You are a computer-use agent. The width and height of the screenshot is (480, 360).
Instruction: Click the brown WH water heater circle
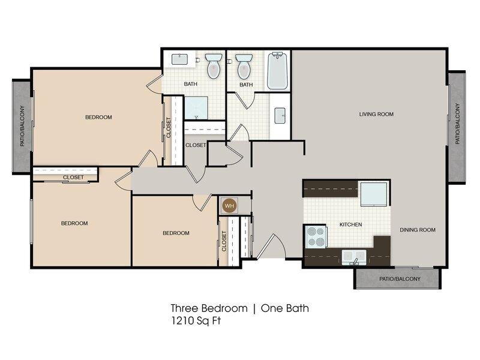(230, 206)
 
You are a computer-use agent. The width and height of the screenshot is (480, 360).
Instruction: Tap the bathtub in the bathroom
(277, 71)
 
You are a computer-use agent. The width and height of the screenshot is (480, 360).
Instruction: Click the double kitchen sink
(354, 257)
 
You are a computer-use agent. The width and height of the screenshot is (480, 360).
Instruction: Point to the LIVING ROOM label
(376, 114)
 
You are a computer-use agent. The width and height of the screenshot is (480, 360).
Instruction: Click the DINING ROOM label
(418, 230)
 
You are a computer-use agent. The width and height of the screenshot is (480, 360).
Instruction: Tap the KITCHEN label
(351, 224)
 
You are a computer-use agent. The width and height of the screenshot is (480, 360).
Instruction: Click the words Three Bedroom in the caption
(209, 308)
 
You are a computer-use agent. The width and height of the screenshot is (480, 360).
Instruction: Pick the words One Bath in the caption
(284, 308)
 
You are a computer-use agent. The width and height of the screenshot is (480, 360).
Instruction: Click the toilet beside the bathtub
(245, 65)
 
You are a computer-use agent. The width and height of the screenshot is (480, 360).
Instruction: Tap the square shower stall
(196, 108)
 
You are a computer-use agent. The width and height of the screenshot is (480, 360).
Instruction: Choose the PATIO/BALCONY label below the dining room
(400, 279)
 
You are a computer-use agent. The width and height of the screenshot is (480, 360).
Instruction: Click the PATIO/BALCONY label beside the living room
(458, 124)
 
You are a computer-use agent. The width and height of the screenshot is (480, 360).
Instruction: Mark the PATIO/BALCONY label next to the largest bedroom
(22, 126)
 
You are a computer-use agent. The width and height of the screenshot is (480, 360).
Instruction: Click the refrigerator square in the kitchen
(373, 194)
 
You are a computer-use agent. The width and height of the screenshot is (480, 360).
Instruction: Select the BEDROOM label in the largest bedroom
(98, 117)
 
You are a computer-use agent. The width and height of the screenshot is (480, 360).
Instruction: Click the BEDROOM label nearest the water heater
(176, 233)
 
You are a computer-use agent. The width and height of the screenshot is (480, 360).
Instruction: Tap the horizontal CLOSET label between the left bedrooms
(73, 177)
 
